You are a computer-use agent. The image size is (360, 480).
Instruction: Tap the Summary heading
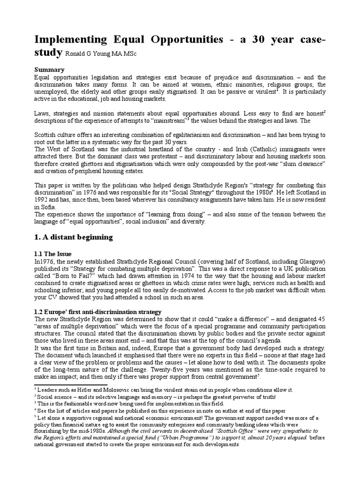click(x=48, y=69)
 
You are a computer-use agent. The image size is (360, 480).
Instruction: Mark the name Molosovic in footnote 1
click(x=109, y=390)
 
